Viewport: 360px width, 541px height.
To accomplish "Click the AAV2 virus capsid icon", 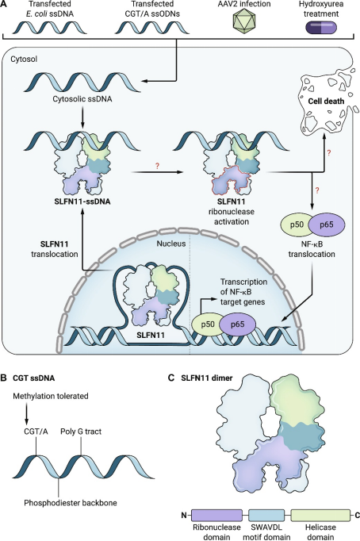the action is click(x=244, y=22).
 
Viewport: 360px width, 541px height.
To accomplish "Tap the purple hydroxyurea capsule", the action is click(x=321, y=28).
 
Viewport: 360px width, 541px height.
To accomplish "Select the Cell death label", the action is click(x=326, y=102).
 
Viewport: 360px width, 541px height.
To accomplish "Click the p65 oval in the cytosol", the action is click(x=326, y=224).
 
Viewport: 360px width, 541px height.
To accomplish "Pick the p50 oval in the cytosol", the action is click(x=297, y=224).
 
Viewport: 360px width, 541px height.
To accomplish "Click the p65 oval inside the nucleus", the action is click(x=238, y=324).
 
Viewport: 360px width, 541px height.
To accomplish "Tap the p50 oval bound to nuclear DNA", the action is click(x=207, y=324).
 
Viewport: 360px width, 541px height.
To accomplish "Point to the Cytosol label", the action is click(x=24, y=59).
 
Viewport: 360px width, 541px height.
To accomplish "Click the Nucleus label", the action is click(x=171, y=244).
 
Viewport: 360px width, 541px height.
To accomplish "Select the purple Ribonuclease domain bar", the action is click(x=216, y=515).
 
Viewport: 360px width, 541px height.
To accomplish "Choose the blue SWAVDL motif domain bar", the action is click(x=266, y=515).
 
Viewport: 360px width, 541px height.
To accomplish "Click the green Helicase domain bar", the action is click(x=320, y=515).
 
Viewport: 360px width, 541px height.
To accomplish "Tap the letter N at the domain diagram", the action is click(x=185, y=516).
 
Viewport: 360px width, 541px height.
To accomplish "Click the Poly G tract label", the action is click(x=81, y=432).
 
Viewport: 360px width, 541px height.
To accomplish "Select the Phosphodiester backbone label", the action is click(x=71, y=503).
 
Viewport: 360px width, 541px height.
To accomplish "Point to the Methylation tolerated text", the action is click(x=51, y=396).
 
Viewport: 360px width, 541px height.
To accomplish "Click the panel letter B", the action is click(x=3, y=378).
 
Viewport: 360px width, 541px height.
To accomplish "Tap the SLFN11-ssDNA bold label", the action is click(x=82, y=201).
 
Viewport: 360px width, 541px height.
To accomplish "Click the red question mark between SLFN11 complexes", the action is click(x=158, y=166).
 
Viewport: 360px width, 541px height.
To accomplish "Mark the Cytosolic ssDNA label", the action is click(x=82, y=99).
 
